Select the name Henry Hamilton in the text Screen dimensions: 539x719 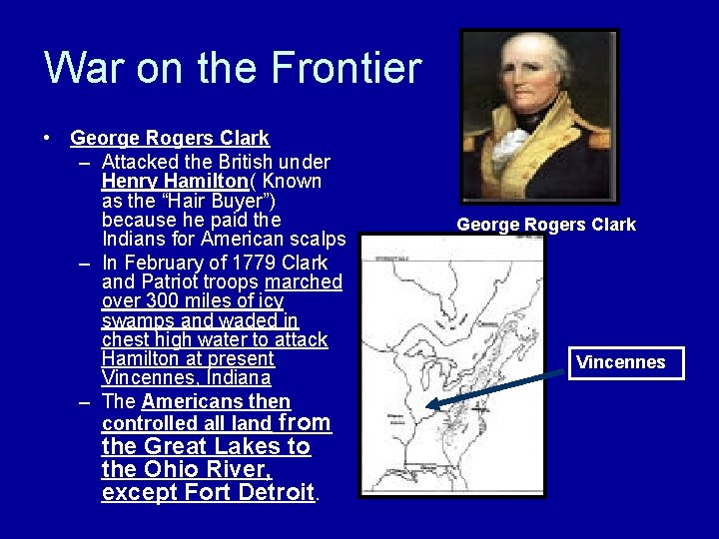[174, 181]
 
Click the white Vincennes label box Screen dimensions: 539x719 [620, 362]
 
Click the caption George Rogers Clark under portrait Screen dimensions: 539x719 [545, 225]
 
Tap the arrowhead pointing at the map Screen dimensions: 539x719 [433, 405]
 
